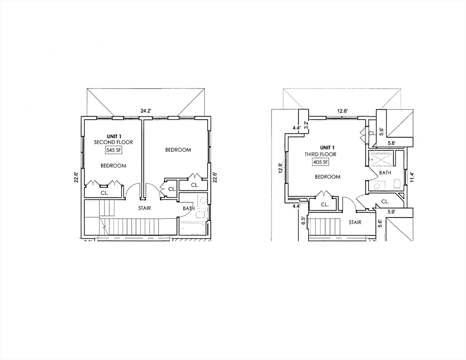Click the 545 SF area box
click(x=113, y=150)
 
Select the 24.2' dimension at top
click(x=146, y=111)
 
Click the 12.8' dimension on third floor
click(x=280, y=168)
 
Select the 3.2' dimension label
click(x=306, y=125)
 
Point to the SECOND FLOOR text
click(x=113, y=142)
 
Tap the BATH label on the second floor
click(x=188, y=209)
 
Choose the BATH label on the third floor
click(x=385, y=173)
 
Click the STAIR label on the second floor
click(x=144, y=208)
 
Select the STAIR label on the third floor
click(x=355, y=222)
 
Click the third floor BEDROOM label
click(x=327, y=177)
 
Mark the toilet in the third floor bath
click(x=397, y=184)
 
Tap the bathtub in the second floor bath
click(x=193, y=229)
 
